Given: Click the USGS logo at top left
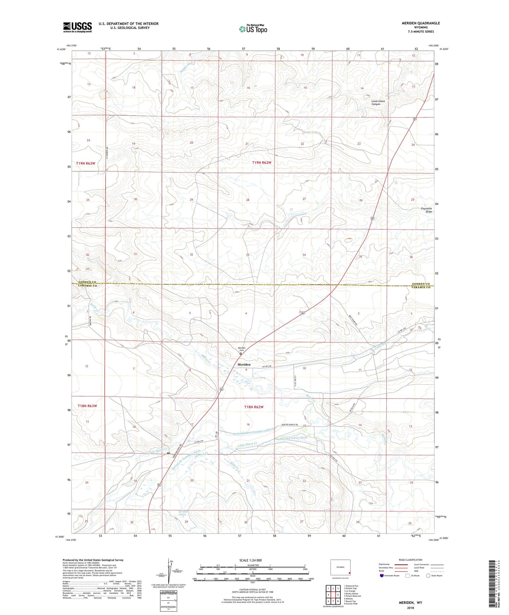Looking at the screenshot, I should [77, 27].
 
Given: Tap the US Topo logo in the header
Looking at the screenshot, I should [253, 29].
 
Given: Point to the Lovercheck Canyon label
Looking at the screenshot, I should [378, 102].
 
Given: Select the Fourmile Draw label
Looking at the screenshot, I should [426, 210].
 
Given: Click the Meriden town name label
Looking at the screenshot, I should [244, 364].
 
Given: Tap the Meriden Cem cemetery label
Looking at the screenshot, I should [241, 349].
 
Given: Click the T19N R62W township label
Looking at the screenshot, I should [262, 163].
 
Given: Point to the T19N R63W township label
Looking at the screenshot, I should [86, 164].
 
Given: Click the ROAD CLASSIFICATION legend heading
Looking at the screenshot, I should [411, 560].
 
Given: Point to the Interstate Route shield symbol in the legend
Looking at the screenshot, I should [381, 576].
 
